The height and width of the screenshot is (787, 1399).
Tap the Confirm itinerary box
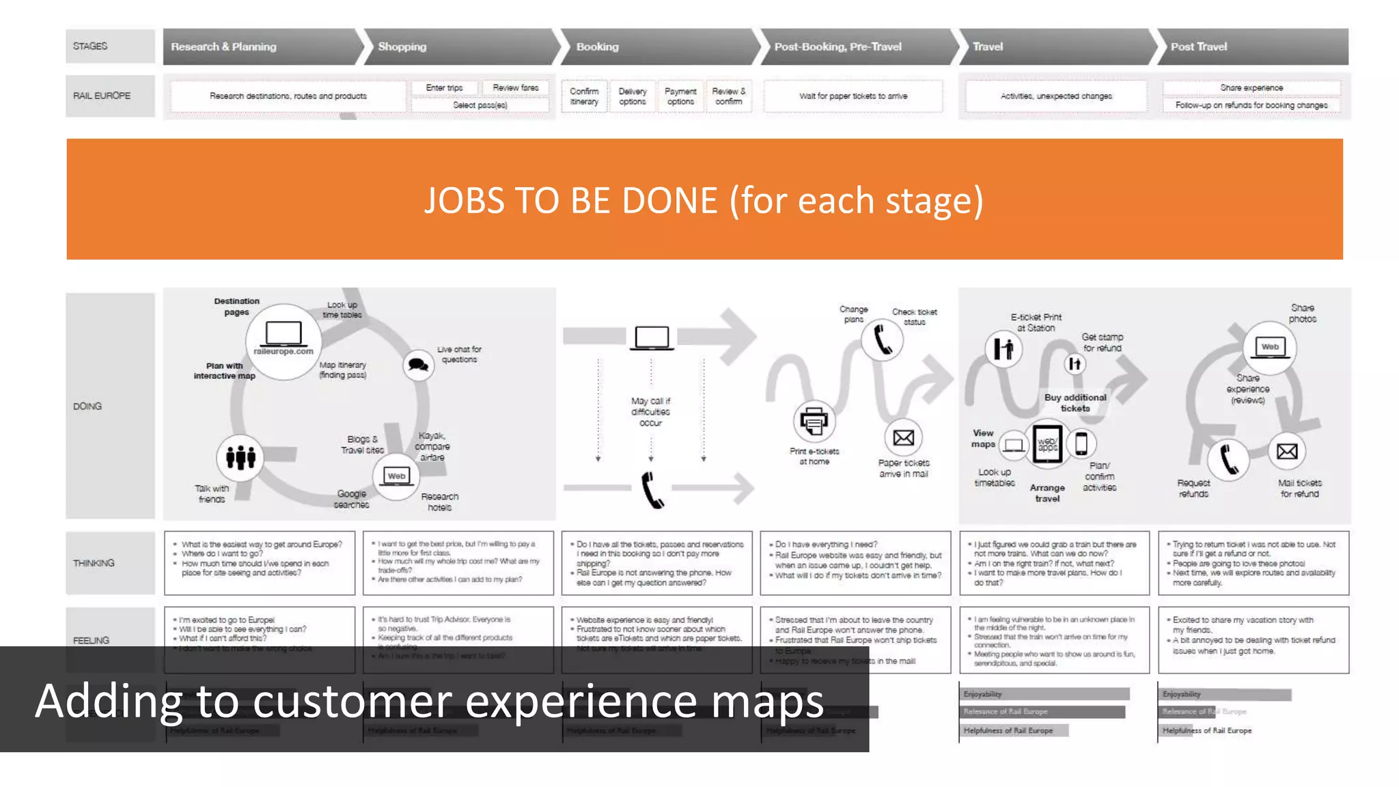coord(584,96)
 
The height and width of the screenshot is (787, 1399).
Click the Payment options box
coord(680,96)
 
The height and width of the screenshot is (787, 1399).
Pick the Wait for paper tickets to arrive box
coord(853,96)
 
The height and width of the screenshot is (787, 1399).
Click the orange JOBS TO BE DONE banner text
coord(704,200)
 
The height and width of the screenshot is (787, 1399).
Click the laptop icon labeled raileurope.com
coord(283,335)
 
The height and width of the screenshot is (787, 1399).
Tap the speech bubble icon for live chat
coord(418,365)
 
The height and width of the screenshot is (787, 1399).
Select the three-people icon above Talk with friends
coord(240,457)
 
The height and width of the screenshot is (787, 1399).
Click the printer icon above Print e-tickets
coord(814,422)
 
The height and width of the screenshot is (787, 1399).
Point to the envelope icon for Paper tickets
coord(903,438)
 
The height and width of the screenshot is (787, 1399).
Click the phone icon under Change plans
coord(883,340)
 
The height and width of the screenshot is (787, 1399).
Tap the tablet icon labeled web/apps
coord(1047,445)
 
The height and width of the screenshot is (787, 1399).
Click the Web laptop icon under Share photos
coord(1269,347)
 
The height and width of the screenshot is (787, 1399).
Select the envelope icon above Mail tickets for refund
coord(1287,452)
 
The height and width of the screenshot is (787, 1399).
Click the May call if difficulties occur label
coord(650,412)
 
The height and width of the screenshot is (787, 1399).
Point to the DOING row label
coord(87,406)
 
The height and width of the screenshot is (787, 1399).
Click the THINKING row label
coord(94,563)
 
